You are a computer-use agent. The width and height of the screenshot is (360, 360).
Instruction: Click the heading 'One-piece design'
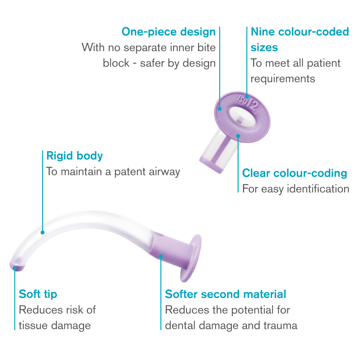click(x=168, y=32)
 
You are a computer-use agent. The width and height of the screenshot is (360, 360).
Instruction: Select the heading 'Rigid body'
click(x=75, y=156)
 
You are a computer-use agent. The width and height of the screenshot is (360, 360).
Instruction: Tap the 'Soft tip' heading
click(x=38, y=294)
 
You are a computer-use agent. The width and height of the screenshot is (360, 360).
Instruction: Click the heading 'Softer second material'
click(x=225, y=294)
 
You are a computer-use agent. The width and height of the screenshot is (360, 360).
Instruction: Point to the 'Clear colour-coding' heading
click(x=294, y=174)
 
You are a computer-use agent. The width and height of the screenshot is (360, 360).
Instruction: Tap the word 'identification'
click(x=318, y=189)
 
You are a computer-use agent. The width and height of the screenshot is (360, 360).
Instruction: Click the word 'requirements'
click(x=283, y=79)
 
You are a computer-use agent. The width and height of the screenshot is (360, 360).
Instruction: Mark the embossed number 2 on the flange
click(x=254, y=105)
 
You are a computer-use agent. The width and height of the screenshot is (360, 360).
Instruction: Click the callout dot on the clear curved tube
click(x=42, y=233)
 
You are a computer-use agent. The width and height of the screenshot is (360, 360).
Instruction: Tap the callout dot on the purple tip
click(x=15, y=268)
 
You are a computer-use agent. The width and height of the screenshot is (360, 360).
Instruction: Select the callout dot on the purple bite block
click(x=161, y=256)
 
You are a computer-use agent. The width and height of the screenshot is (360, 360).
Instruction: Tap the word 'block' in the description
click(x=116, y=63)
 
